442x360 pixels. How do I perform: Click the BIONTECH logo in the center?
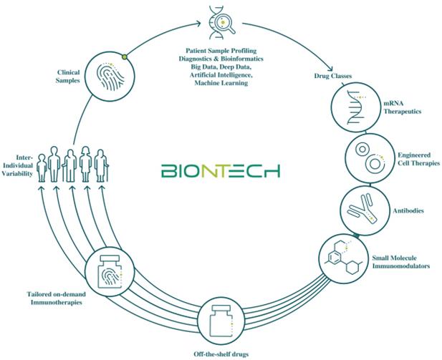point(221,171)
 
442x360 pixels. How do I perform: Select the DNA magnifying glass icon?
point(222,23)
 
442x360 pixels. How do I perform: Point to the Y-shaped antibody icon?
point(362,208)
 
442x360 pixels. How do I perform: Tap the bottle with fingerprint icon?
point(110,272)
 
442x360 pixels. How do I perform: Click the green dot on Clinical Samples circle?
point(125,57)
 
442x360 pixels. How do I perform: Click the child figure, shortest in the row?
point(42,168)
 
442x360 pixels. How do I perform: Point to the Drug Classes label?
point(332,76)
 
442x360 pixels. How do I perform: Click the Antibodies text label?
point(408,210)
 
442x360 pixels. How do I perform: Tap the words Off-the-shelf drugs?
point(221,354)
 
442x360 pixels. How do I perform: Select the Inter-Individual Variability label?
point(17,165)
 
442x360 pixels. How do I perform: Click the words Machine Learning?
point(221,83)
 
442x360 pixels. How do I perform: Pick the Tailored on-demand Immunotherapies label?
point(57,298)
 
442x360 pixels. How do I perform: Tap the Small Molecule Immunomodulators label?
point(401,262)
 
